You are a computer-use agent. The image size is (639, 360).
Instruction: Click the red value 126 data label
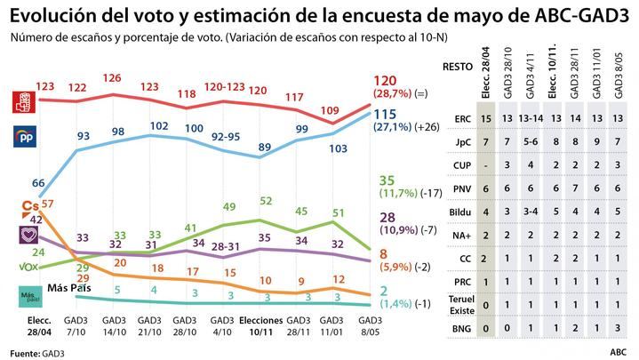(112, 78)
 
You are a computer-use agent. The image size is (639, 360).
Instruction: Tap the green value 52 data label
(266, 202)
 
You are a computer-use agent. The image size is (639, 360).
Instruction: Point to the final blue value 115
(385, 115)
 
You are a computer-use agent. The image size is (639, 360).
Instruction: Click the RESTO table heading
(458, 65)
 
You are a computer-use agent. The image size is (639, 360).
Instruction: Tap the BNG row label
(461, 328)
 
